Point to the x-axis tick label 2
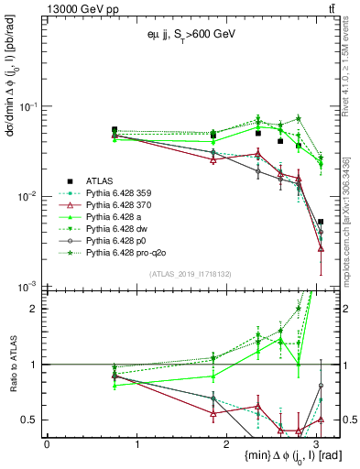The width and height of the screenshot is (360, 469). pos(228,444)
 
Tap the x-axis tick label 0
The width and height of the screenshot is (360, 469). pos(47,444)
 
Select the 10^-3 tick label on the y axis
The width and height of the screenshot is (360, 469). pos(27,287)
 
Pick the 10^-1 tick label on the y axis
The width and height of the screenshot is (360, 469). pos(27,107)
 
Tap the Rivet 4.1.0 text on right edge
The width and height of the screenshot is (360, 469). pos(353,69)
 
